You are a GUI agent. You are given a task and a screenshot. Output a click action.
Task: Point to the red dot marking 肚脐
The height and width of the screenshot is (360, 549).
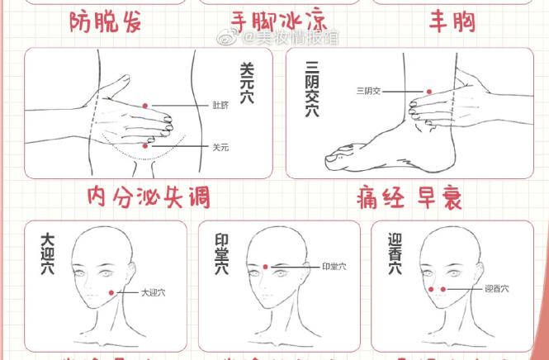145,106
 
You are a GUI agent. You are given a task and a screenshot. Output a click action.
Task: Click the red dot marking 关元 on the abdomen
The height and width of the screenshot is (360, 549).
146,145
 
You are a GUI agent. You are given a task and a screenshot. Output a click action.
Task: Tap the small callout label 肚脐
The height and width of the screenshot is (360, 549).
220,107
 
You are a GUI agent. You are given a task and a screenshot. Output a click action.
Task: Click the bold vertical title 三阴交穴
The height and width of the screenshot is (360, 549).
311,88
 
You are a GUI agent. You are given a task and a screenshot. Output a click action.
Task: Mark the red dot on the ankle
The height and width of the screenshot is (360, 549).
428,91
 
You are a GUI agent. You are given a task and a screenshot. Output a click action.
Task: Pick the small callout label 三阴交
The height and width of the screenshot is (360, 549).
368,91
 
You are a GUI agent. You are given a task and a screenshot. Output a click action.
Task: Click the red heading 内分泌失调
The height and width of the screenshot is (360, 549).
149,197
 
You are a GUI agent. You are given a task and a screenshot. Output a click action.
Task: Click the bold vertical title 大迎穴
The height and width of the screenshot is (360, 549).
48,253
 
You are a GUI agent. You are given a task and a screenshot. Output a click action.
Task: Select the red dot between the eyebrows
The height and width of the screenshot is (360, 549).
266,266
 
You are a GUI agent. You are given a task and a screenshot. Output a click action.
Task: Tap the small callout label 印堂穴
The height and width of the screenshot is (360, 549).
334,267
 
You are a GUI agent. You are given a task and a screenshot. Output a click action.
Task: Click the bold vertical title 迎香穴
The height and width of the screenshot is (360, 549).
395,253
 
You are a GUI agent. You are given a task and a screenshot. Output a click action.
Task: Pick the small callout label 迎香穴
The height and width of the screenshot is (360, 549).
496,289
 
